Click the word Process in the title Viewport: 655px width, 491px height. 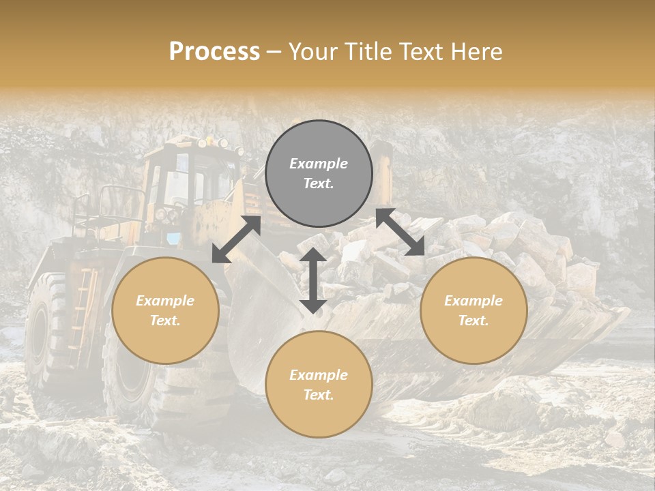click(x=214, y=52)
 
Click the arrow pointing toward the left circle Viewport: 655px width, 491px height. click(x=236, y=239)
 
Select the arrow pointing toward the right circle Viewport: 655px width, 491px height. click(x=401, y=232)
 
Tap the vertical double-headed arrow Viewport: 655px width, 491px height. click(x=313, y=280)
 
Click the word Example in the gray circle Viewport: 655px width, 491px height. click(x=319, y=164)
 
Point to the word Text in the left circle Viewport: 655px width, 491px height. click(x=165, y=321)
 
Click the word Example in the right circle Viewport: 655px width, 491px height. click(x=474, y=301)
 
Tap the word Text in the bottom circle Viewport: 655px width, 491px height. click(x=319, y=395)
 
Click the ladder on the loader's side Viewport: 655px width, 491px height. click(x=80, y=307)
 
